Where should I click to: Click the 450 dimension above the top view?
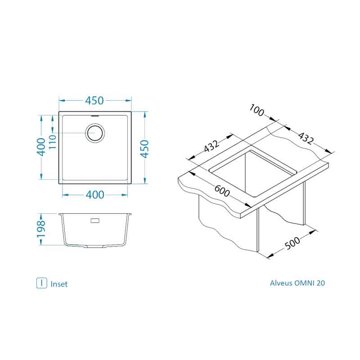(94, 101)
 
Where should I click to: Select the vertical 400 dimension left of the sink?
(40, 147)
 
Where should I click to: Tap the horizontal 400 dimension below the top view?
(94, 195)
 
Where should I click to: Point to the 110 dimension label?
(51, 142)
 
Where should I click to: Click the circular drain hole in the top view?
(95, 133)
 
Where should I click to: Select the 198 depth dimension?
(40, 229)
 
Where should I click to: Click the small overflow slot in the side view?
(95, 221)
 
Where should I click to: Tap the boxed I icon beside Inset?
(41, 283)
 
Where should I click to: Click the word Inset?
(59, 284)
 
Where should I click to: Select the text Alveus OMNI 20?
(297, 283)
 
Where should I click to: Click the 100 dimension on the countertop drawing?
(257, 110)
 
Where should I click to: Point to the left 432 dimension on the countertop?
(211, 146)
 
